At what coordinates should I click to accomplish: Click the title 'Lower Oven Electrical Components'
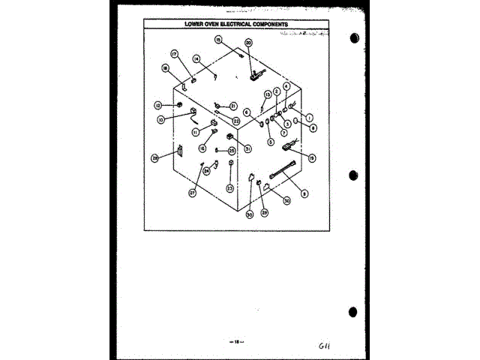click(237, 23)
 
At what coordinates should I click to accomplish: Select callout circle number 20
click(248, 43)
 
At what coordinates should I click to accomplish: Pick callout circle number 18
click(165, 68)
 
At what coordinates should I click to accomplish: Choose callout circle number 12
click(158, 105)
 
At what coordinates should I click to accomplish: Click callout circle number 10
click(160, 119)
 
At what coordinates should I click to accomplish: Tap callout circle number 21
click(233, 106)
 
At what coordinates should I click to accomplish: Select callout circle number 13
click(268, 94)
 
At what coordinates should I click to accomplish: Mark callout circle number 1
click(308, 116)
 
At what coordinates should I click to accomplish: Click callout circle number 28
click(155, 158)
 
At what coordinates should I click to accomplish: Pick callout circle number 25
click(232, 150)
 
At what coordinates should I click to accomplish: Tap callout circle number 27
click(192, 193)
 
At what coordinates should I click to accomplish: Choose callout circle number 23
click(229, 188)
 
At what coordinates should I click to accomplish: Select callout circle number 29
click(263, 213)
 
